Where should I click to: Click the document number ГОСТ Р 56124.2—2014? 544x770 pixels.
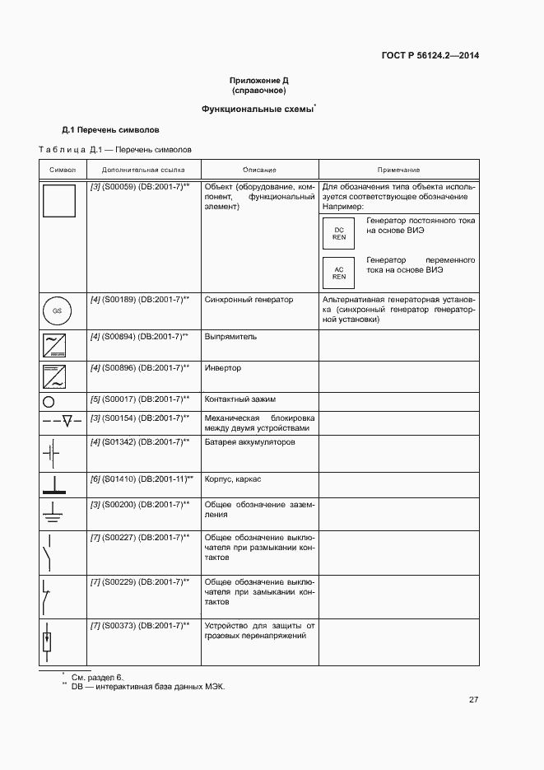coord(430,56)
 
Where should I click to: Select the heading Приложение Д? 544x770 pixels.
coord(258,81)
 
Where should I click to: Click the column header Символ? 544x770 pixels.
coord(63,169)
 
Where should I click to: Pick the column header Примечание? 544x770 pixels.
coord(398,169)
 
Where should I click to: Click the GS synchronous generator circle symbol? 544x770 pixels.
coord(57,311)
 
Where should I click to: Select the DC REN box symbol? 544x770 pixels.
coord(339,233)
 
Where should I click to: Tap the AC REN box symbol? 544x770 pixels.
coord(339,273)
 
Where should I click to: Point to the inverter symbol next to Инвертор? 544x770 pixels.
coord(54,376)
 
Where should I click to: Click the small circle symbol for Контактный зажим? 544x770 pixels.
coord(49,401)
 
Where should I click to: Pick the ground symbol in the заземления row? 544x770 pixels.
coord(51,513)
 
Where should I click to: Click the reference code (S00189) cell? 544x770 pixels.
coord(140,300)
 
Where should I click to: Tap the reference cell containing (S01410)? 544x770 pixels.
coord(142,478)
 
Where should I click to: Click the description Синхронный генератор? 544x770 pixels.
coord(249,300)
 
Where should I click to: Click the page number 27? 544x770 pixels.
coord(473,699)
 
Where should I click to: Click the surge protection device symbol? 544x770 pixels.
coord(49,639)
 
